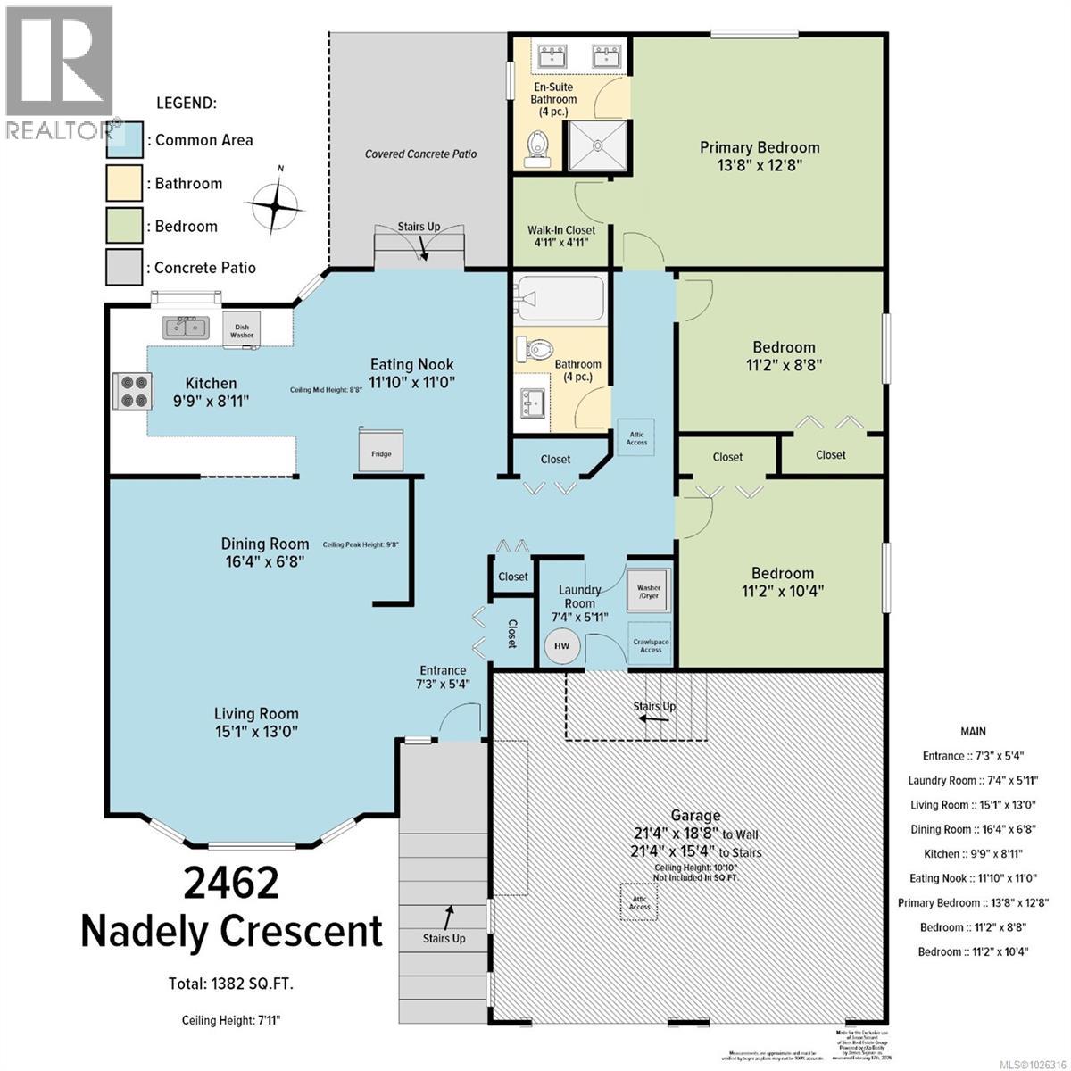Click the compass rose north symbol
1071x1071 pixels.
(x=277, y=204)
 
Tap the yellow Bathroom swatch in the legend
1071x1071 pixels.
(x=123, y=183)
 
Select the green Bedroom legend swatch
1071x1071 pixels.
(x=123, y=226)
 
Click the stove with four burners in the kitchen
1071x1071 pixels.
(x=129, y=390)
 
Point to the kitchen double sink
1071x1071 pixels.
(x=186, y=327)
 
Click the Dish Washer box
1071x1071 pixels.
(x=242, y=327)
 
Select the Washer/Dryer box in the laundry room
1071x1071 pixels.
(x=649, y=590)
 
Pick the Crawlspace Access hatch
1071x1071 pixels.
(x=651, y=645)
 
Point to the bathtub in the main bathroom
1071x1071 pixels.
(x=559, y=299)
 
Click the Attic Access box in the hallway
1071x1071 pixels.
(x=636, y=437)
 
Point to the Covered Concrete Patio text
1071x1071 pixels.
(x=420, y=154)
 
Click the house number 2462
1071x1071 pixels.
(x=231, y=883)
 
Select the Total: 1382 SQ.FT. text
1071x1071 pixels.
(x=231, y=984)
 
